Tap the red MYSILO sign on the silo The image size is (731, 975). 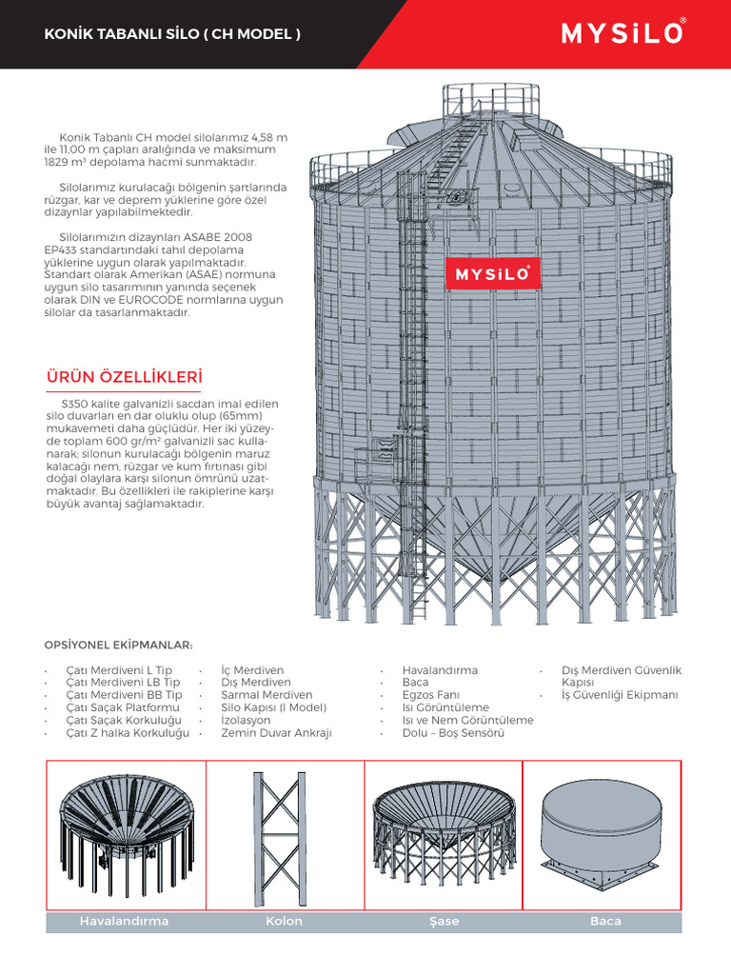[x=493, y=274]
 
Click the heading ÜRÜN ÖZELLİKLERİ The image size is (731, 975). [x=125, y=378]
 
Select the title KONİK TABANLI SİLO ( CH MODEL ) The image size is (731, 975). [x=173, y=35]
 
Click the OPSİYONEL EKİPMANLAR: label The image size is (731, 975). [x=119, y=644]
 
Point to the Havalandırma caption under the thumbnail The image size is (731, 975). [x=125, y=921]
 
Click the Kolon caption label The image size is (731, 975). [x=285, y=921]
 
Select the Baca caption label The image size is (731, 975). [x=605, y=921]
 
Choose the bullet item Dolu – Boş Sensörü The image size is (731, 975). [x=453, y=733]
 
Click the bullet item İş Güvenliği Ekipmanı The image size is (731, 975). [x=620, y=696]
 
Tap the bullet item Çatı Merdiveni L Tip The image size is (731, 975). [x=119, y=671]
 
